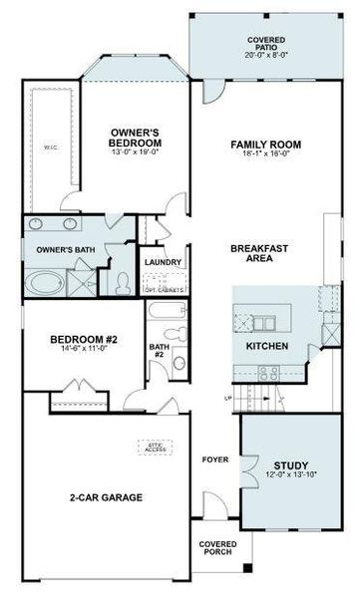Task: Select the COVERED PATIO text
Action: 265,44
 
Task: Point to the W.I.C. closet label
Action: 50,148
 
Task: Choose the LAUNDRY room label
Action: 163,262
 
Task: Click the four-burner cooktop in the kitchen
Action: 267,374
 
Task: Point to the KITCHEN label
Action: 267,346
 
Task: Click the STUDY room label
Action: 290,465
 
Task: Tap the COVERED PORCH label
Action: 216,549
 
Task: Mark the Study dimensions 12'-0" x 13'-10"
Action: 290,476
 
